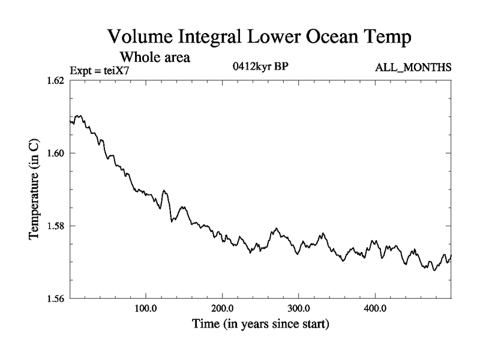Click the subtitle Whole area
click(x=155, y=58)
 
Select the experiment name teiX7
click(x=116, y=70)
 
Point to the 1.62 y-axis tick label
click(x=53, y=80)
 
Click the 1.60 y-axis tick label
click(x=53, y=153)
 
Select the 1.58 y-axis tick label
click(x=53, y=226)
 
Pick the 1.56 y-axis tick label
click(x=53, y=298)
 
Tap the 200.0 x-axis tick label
click(x=222, y=310)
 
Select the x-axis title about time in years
click(x=260, y=326)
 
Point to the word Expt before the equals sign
click(x=81, y=70)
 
